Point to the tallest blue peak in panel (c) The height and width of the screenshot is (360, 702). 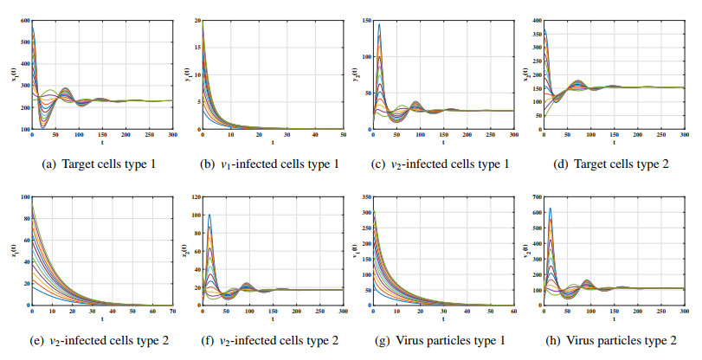click(379, 24)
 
